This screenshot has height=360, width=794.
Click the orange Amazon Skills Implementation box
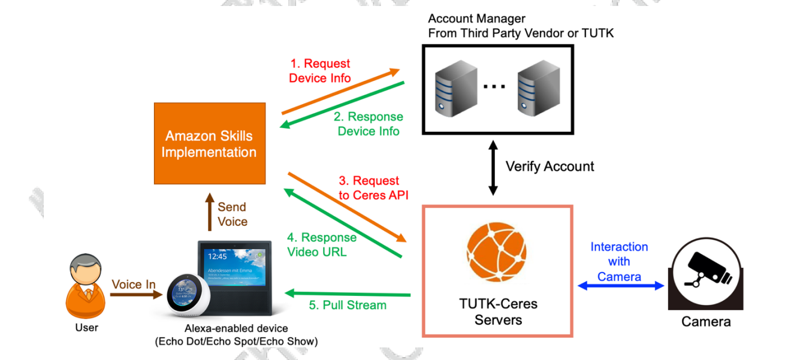click(x=209, y=144)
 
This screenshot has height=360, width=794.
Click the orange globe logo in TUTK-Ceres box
click(x=497, y=252)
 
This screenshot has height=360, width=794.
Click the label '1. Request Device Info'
click(x=319, y=71)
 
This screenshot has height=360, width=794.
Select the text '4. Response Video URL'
click(x=322, y=244)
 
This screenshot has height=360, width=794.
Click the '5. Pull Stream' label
click(x=348, y=305)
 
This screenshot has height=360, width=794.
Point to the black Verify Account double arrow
click(x=493, y=168)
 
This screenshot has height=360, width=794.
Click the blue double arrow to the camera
click(x=621, y=286)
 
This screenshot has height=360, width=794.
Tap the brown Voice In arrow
click(x=136, y=294)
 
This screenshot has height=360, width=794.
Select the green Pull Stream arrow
click(x=348, y=294)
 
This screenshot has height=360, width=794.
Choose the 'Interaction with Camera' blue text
click(x=619, y=262)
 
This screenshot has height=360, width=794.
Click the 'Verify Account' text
click(x=550, y=167)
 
